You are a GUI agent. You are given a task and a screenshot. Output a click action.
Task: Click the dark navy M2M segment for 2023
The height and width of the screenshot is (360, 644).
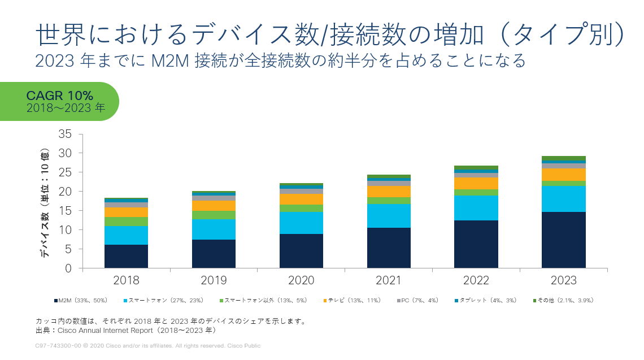coord(563,240)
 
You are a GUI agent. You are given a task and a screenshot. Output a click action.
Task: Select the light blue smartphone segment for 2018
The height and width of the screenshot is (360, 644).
coord(126,235)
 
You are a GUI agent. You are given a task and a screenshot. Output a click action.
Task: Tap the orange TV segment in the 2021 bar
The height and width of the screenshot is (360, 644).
coord(389,192)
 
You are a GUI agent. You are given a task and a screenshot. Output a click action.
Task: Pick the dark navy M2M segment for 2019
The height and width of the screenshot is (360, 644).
coord(214,253)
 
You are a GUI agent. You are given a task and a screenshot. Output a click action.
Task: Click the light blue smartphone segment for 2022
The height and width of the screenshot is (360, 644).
coord(476,208)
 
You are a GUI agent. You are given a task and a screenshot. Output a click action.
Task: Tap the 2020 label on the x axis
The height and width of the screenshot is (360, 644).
coord(301,281)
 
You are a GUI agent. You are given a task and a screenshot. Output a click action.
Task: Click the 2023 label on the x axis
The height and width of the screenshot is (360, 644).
coord(563,281)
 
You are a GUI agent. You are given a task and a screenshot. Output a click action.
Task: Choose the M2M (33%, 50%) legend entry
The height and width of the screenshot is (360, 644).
coord(80,300)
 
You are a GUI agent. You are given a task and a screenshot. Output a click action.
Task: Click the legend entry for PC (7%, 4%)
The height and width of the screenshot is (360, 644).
coord(417,300)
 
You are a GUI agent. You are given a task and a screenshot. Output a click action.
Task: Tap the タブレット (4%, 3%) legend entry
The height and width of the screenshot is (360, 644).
coord(487,300)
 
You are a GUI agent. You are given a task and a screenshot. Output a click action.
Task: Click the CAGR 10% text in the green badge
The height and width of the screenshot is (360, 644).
coord(60,96)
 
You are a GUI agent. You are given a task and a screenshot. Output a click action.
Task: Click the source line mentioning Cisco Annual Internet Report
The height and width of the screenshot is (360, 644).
coord(125,331)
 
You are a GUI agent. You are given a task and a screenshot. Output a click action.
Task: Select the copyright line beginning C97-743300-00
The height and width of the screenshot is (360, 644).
coord(147,345)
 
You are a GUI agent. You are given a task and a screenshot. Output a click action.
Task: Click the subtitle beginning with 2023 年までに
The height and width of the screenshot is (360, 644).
coord(280,60)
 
